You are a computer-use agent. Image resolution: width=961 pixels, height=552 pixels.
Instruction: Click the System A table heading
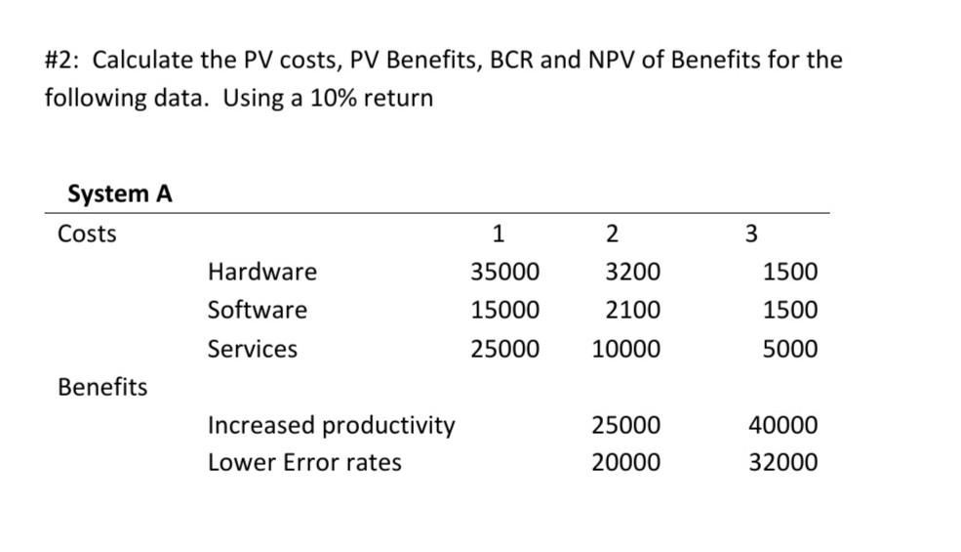click(x=119, y=194)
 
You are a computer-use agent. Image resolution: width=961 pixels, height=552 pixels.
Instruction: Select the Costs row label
click(x=87, y=234)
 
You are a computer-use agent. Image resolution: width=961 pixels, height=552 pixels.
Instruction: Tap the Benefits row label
click(x=102, y=388)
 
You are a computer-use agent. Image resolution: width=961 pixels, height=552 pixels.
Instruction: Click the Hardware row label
click(x=261, y=272)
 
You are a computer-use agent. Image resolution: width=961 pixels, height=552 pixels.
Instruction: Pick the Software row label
click(x=257, y=311)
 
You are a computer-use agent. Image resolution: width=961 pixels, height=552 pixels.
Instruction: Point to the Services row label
click(x=252, y=350)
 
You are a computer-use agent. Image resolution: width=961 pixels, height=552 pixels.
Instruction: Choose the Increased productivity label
click(x=331, y=426)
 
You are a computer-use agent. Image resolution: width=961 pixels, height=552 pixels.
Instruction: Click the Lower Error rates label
click(x=303, y=463)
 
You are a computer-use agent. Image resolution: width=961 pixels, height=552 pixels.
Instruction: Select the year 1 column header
click(x=499, y=234)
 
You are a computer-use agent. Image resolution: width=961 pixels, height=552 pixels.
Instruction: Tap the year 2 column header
click(x=612, y=234)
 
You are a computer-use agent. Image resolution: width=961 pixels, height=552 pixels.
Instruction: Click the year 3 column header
click(x=750, y=234)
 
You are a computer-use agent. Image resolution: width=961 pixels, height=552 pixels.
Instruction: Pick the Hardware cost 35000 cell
click(x=504, y=272)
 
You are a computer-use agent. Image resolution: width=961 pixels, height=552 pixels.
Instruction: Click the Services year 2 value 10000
click(x=625, y=350)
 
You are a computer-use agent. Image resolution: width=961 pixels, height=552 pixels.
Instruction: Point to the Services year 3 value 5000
click(x=790, y=350)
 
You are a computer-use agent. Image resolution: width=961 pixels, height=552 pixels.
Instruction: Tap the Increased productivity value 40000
click(x=783, y=426)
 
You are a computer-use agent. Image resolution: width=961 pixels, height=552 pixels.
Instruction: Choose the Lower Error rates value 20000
click(x=625, y=463)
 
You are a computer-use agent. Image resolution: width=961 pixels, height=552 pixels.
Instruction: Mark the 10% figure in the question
click(x=333, y=99)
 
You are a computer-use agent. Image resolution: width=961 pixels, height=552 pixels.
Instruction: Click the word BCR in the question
click(x=509, y=61)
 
